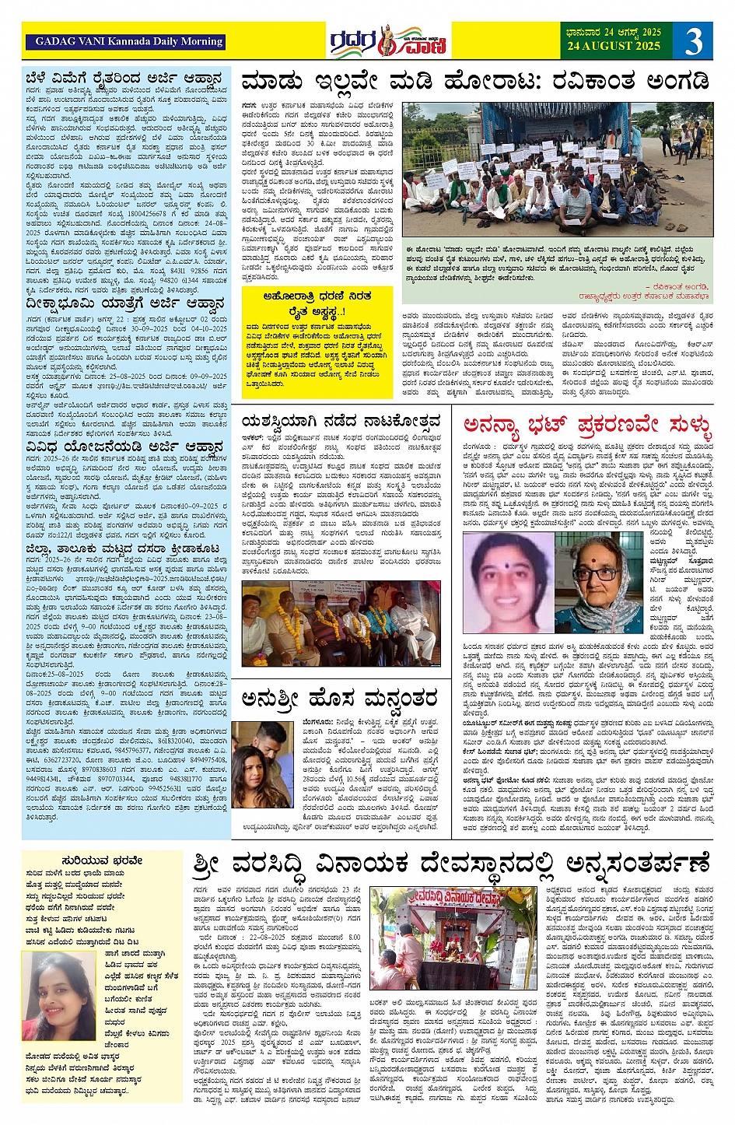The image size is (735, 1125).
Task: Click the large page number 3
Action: (693, 40)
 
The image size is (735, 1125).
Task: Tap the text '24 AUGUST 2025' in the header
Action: (613, 46)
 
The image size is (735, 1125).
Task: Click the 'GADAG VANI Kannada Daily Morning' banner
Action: (129, 41)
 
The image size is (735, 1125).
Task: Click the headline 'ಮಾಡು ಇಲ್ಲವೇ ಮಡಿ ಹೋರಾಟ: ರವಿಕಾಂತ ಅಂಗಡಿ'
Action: (474, 81)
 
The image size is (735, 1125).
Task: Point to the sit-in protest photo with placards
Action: (556, 169)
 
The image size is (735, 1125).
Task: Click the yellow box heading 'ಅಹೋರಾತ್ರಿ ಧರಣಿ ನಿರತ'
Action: (317, 296)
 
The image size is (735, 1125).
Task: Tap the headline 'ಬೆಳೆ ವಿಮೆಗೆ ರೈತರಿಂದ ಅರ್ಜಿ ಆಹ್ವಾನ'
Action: (124, 79)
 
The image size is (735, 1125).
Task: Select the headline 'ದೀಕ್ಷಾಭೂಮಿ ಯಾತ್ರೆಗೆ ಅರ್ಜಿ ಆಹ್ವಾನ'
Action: (124, 303)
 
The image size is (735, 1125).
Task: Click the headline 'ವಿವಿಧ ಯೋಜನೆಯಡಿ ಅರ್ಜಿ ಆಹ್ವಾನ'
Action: (124, 447)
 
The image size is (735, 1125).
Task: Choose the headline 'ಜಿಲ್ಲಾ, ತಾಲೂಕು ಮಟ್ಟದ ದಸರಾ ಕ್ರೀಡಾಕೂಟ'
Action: (122, 548)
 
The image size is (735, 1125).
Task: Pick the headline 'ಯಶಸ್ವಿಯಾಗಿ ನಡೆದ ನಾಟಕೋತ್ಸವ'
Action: (341, 422)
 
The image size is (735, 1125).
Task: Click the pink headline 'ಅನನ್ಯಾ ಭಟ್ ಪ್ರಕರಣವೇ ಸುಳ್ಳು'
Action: (587, 425)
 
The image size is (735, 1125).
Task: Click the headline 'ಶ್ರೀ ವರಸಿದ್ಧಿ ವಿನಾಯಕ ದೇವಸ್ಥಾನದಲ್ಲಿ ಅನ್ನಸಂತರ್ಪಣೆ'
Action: (451, 865)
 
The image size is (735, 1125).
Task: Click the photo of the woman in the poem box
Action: (59, 995)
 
